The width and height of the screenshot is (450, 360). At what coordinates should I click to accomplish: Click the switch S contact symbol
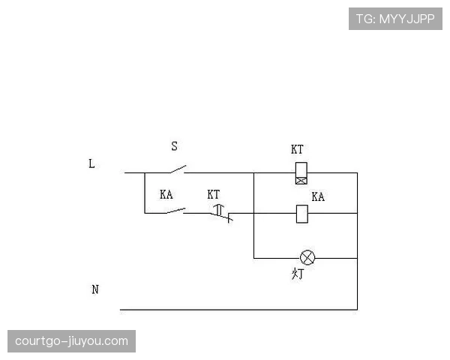tap(178, 169)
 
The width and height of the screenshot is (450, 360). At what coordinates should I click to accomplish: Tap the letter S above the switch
tap(174, 146)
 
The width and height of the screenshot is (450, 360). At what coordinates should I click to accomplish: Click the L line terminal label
tap(91, 163)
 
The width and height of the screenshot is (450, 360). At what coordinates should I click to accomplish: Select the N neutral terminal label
tap(95, 289)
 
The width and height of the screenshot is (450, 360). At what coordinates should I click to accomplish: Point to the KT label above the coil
tap(297, 149)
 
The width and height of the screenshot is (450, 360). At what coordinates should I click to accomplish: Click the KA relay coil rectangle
tap(302, 214)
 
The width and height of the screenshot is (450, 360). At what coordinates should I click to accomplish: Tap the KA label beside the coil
tap(318, 196)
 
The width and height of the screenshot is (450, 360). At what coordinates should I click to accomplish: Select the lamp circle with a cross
tap(307, 257)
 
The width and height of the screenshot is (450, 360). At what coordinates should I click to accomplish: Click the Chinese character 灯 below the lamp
tap(298, 274)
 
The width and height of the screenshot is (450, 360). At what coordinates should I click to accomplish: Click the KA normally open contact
tap(175, 211)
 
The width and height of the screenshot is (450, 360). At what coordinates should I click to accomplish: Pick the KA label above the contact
tap(166, 194)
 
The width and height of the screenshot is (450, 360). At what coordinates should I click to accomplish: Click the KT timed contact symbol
tap(221, 213)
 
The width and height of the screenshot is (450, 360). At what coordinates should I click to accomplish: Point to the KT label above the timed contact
tap(214, 194)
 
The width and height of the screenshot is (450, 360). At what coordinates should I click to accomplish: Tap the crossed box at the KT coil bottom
tap(301, 181)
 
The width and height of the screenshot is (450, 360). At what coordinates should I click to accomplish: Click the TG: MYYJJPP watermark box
tap(395, 19)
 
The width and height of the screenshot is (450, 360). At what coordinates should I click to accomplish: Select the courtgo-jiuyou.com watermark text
tap(71, 341)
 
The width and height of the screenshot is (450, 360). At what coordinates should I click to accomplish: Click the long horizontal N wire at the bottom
tap(238, 310)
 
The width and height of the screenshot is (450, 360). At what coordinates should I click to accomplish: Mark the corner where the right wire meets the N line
tap(357, 310)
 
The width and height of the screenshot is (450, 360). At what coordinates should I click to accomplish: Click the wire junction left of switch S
tap(145, 172)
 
